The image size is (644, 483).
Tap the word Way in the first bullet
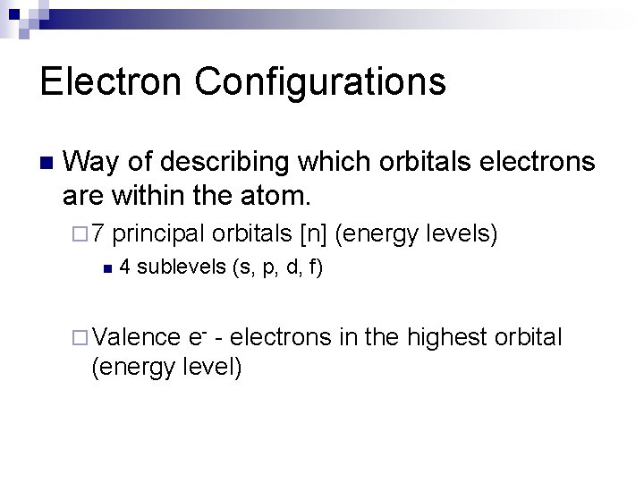point(91,162)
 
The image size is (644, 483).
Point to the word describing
point(221,162)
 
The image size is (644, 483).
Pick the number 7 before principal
point(98,234)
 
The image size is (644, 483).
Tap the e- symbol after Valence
point(199,337)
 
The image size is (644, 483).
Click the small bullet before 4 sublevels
point(106,267)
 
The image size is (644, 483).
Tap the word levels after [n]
point(458,234)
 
